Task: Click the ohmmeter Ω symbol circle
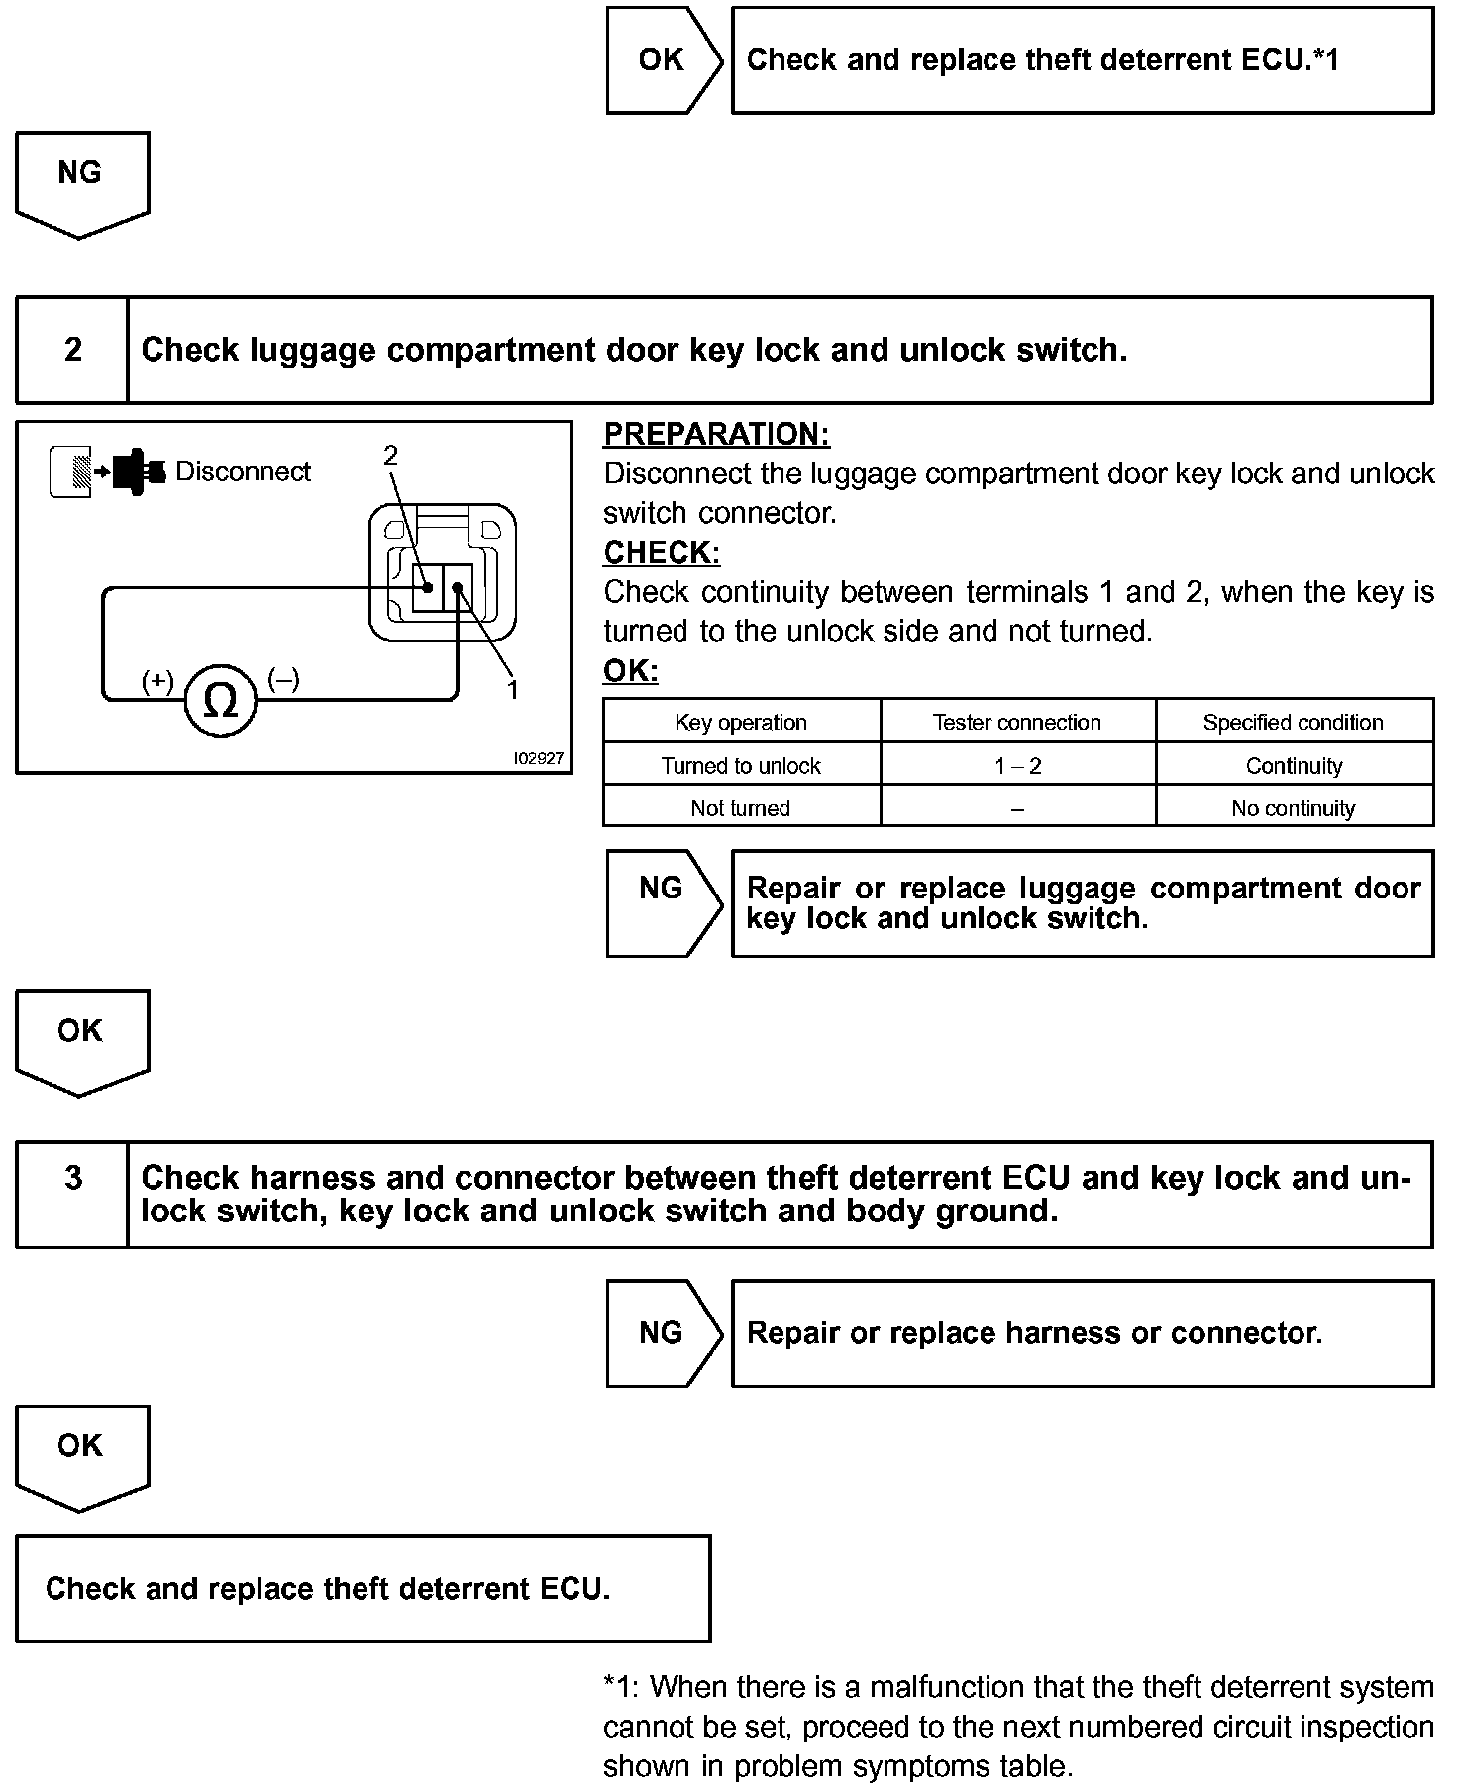220,701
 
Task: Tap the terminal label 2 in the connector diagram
390,455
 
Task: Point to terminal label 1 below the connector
512,689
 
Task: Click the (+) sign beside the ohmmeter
157,681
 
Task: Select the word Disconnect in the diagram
243,472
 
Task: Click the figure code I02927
538,758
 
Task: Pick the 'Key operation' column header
741,723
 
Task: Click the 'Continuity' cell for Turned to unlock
1294,766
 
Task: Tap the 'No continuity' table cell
1293,808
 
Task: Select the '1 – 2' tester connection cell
1017,766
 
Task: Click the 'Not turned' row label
741,808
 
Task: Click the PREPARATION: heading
717,435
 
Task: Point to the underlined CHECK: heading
662,553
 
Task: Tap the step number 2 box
72,350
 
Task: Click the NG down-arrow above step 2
80,181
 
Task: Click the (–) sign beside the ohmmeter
284,680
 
